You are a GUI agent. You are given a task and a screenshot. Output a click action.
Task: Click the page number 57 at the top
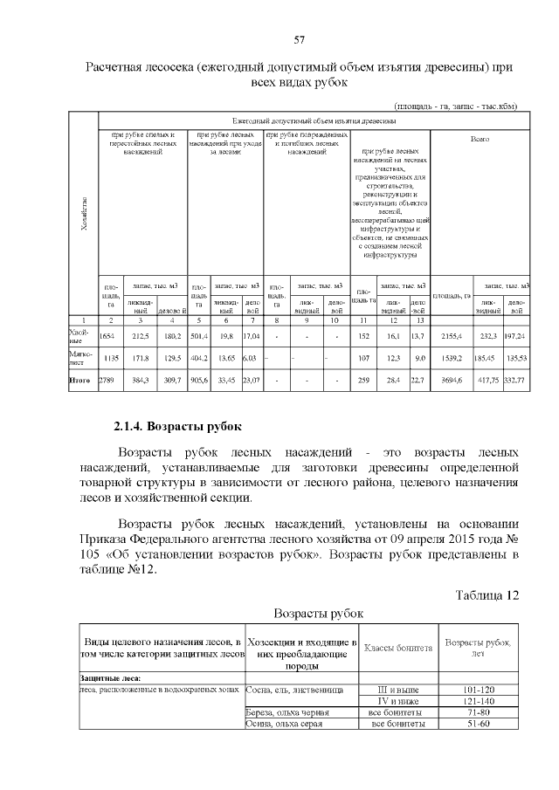[299, 40]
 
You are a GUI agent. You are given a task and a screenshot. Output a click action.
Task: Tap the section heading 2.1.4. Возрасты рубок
[176, 427]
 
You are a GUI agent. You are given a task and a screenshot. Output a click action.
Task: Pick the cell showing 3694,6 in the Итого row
[459, 380]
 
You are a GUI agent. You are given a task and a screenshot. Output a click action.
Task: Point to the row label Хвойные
[79, 335]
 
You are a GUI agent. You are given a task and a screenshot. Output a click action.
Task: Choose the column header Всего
[480, 138]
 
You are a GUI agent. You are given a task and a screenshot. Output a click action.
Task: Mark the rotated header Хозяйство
[84, 211]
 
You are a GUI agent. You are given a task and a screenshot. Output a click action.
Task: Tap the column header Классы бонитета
[397, 648]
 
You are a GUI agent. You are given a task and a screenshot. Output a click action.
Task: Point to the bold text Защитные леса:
[110, 677]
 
